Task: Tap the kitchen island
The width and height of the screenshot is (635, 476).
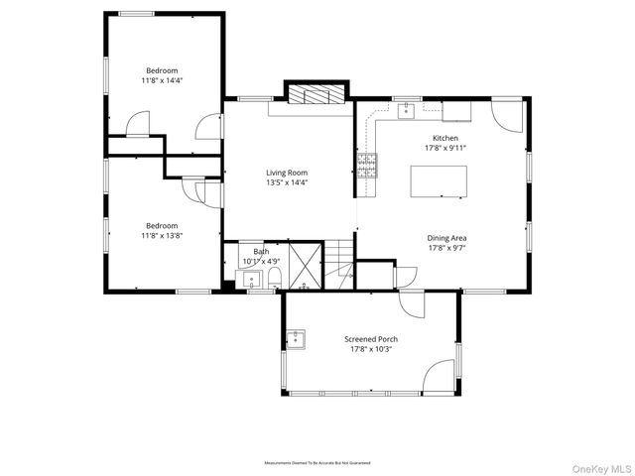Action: pos(439,182)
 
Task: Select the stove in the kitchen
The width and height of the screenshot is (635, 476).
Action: pos(367,165)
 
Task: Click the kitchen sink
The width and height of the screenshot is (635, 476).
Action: pos(406,111)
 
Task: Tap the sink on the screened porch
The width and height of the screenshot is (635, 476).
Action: pos(297,339)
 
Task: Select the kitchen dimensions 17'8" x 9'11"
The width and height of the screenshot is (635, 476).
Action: pos(444,148)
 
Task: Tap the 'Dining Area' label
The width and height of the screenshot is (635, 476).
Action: pos(446,238)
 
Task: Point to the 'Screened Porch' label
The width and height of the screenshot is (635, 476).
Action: pos(371,338)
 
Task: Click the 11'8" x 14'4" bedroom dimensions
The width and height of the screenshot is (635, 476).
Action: pos(163,80)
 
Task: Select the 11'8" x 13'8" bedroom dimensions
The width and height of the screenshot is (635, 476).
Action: pos(162,235)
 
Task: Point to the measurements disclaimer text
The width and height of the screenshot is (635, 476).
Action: pos(317,463)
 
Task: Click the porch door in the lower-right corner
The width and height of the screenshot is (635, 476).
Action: pos(440,376)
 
